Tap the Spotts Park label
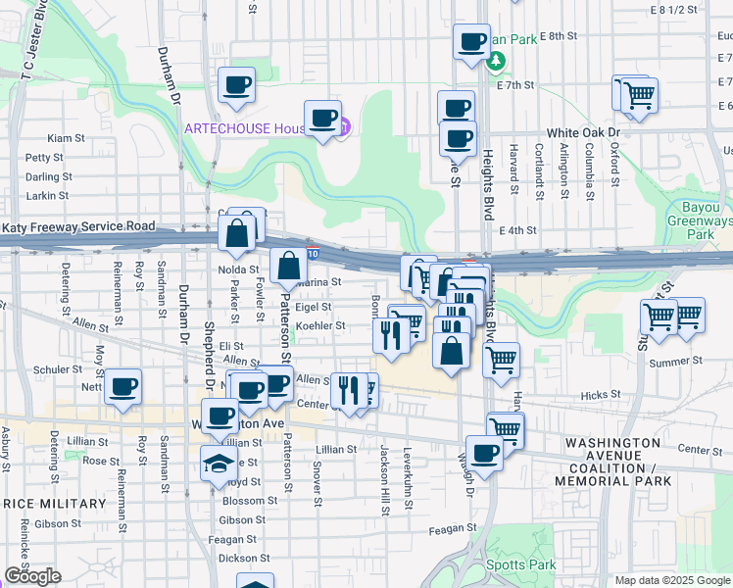click(522, 564)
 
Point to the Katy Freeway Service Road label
click(78, 226)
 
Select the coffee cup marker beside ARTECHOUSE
click(322, 119)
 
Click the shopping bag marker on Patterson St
click(289, 266)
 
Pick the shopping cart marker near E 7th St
click(639, 96)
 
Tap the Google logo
click(32, 576)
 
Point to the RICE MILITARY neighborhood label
click(46, 503)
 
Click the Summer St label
click(670, 362)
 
